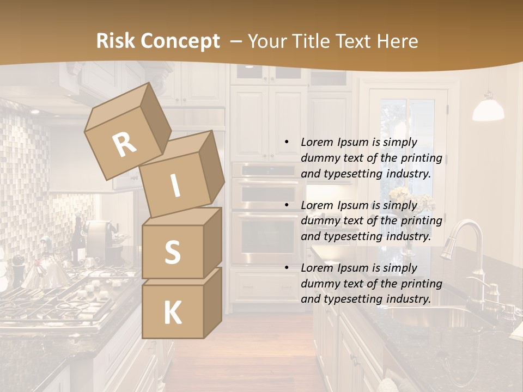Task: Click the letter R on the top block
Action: pos(125,144)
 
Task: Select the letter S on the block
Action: pos(172,252)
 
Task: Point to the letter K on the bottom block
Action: pos(172,313)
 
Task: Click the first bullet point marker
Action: pos(287,143)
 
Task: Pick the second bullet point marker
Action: pos(287,206)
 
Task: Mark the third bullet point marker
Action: pos(287,268)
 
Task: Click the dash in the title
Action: pos(237,41)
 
